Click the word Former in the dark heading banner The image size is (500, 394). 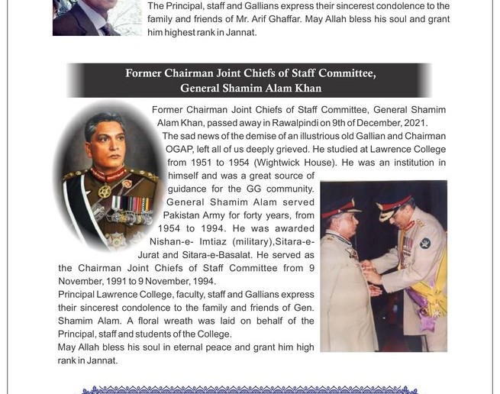pos(146,73)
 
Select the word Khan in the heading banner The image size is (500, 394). pos(306,88)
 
